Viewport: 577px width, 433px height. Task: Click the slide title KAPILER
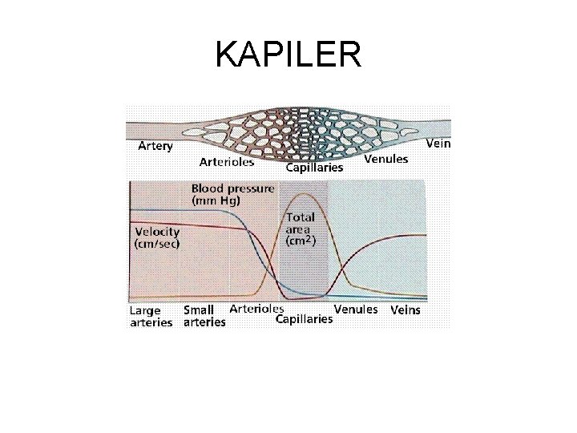pyautogui.click(x=288, y=54)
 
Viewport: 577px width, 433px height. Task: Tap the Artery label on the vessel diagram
pyautogui.click(x=155, y=147)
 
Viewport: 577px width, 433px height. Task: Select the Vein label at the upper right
pyautogui.click(x=438, y=144)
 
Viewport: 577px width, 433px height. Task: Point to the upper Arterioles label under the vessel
pyautogui.click(x=227, y=162)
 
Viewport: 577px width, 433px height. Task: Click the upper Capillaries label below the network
pyautogui.click(x=314, y=168)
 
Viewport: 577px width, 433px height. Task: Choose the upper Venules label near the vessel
pyautogui.click(x=385, y=160)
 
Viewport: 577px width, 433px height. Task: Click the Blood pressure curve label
pyautogui.click(x=232, y=189)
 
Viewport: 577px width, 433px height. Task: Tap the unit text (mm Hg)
pyautogui.click(x=216, y=202)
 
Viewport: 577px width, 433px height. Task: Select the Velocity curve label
pyautogui.click(x=157, y=232)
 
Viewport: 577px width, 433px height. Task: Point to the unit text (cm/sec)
pyautogui.click(x=157, y=244)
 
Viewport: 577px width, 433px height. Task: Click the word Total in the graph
pyautogui.click(x=301, y=217)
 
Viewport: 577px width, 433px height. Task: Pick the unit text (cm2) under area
pyautogui.click(x=301, y=240)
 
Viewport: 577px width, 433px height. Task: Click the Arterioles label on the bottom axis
pyautogui.click(x=256, y=308)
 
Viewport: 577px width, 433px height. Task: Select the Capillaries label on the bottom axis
pyautogui.click(x=304, y=319)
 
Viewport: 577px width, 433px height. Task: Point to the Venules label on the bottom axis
pyautogui.click(x=356, y=309)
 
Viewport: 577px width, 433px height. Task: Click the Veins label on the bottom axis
pyautogui.click(x=405, y=310)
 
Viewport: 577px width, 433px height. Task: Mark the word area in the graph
pyautogui.click(x=298, y=229)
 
